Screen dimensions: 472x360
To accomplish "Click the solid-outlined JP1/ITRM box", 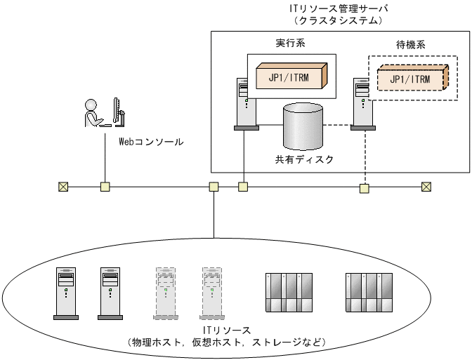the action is pyautogui.click(x=291, y=76).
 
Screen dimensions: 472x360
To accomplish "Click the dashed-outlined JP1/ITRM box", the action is pyautogui.click(x=413, y=77).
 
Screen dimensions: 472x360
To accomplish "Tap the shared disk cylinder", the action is pyautogui.click(x=303, y=126).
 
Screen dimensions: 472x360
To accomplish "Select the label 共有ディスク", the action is pyautogui.click(x=304, y=159).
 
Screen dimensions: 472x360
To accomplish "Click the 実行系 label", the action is pyautogui.click(x=291, y=43).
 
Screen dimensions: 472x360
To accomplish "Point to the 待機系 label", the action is pyautogui.click(x=411, y=45).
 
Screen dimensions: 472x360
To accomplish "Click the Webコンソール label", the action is pyautogui.click(x=151, y=142).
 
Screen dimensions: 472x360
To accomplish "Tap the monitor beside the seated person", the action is pyautogui.click(x=119, y=112).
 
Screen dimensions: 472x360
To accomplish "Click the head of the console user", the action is pyautogui.click(x=91, y=105).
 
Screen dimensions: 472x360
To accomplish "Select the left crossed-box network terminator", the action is pyautogui.click(x=63, y=187).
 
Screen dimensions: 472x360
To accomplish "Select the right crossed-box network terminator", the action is pyautogui.click(x=426, y=187).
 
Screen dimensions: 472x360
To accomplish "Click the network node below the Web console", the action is pyautogui.click(x=105, y=187).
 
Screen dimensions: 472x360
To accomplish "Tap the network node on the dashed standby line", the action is pyautogui.click(x=365, y=189).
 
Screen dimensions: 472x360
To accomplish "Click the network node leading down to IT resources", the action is pyautogui.click(x=214, y=187).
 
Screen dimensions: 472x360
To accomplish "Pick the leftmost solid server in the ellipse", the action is pyautogui.click(x=66, y=293).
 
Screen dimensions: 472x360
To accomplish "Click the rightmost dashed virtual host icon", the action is pyautogui.click(x=212, y=293).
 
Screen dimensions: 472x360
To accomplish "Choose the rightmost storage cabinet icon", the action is pyautogui.click(x=369, y=293).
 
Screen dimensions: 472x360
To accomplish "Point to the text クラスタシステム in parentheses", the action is pyautogui.click(x=339, y=20).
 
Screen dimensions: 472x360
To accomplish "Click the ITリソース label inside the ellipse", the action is pyautogui.click(x=227, y=331).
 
